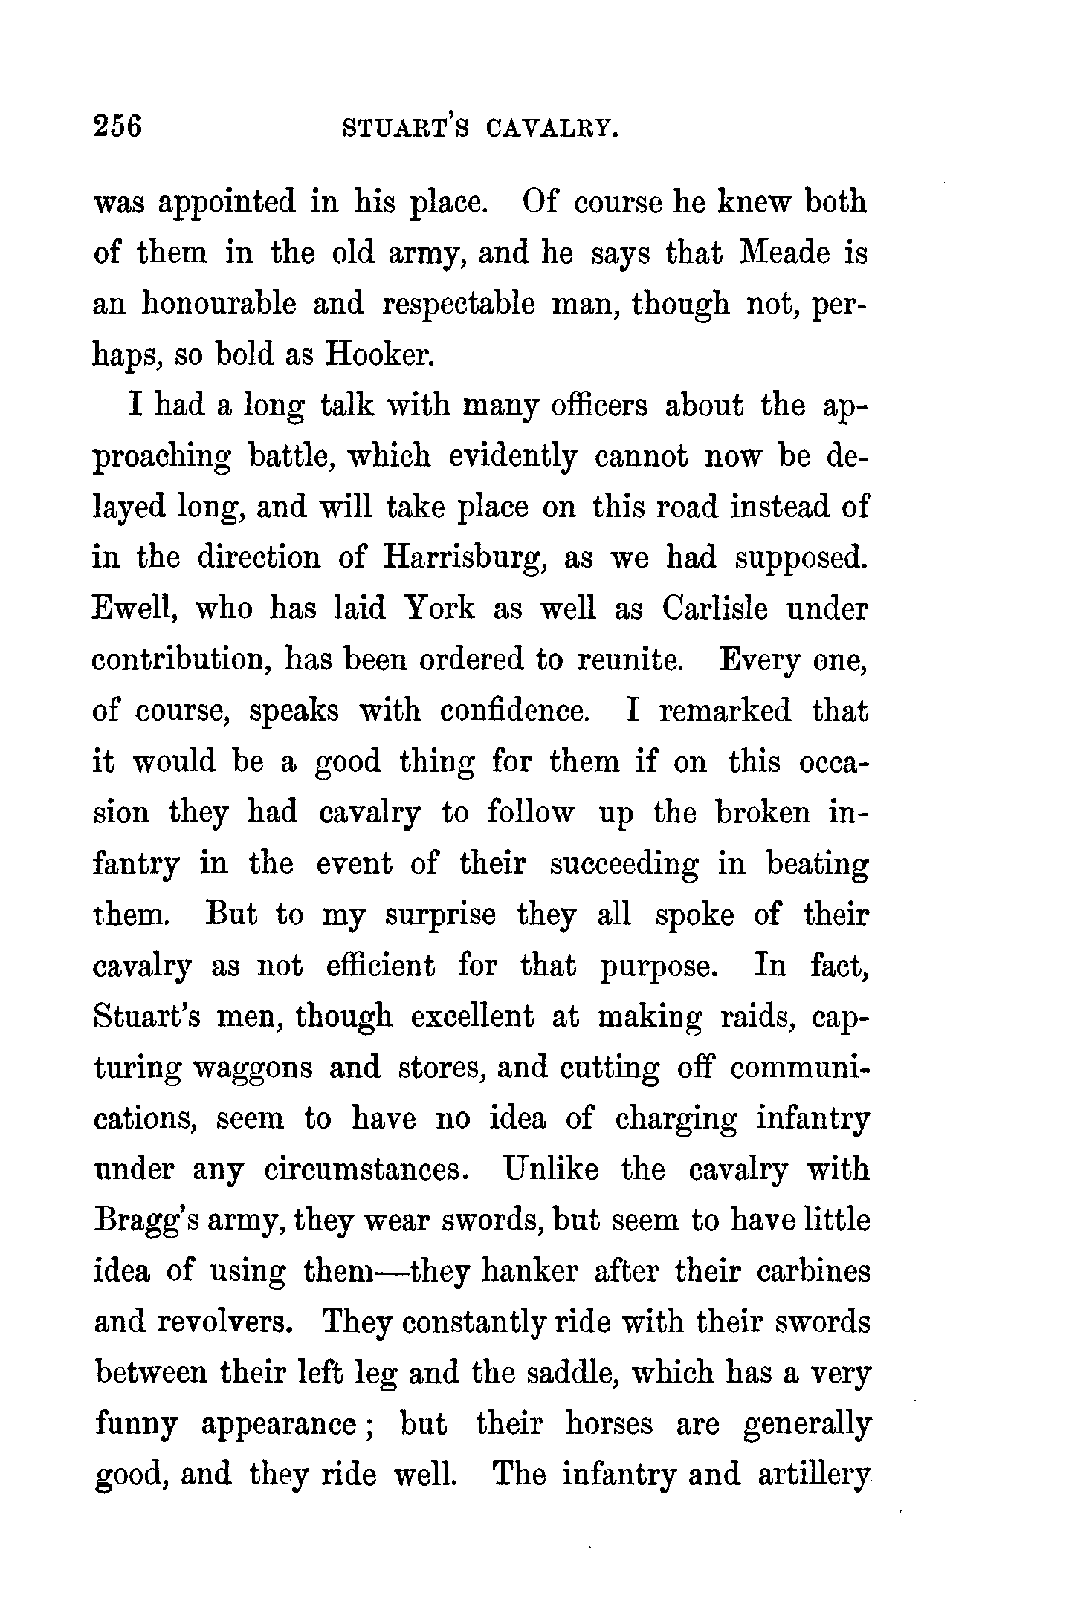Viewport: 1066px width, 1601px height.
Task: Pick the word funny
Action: point(137,1425)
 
